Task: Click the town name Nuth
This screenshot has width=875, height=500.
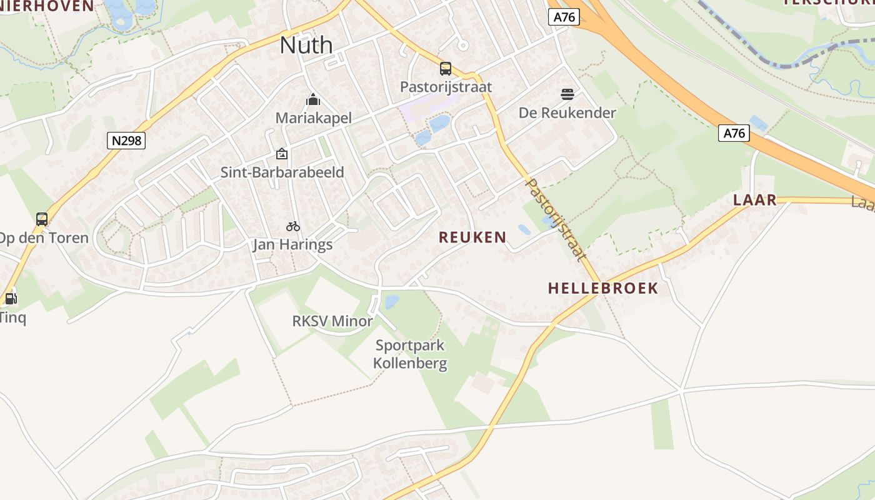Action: [x=306, y=45]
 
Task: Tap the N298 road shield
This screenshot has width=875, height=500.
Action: [x=127, y=141]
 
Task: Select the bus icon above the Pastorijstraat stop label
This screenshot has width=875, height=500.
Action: [x=446, y=69]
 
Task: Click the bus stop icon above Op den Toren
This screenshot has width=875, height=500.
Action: [x=42, y=219]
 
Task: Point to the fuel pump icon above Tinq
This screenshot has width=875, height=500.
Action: [x=11, y=299]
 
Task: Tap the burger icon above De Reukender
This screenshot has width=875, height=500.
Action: [x=567, y=94]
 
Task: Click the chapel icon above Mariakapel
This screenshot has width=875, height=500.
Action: [x=313, y=99]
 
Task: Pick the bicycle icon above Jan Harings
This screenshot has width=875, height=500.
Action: [x=293, y=226]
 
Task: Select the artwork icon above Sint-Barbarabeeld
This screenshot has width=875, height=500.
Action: [x=282, y=154]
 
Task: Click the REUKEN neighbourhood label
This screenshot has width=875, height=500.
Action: [x=472, y=237]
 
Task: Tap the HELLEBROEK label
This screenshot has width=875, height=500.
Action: [x=603, y=288]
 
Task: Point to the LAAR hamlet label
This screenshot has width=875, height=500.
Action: [x=755, y=200]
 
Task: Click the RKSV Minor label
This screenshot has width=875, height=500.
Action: [x=332, y=321]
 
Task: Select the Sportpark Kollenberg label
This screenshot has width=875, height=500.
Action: [x=410, y=354]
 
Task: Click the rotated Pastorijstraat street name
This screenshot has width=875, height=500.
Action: [x=556, y=219]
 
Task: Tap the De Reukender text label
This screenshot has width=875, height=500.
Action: [x=567, y=113]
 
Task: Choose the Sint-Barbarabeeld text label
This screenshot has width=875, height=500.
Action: [x=282, y=172]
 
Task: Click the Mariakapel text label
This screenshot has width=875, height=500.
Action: [x=314, y=118]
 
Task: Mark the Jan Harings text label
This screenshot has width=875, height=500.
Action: [x=292, y=244]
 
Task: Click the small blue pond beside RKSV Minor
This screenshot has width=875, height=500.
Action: [x=392, y=302]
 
